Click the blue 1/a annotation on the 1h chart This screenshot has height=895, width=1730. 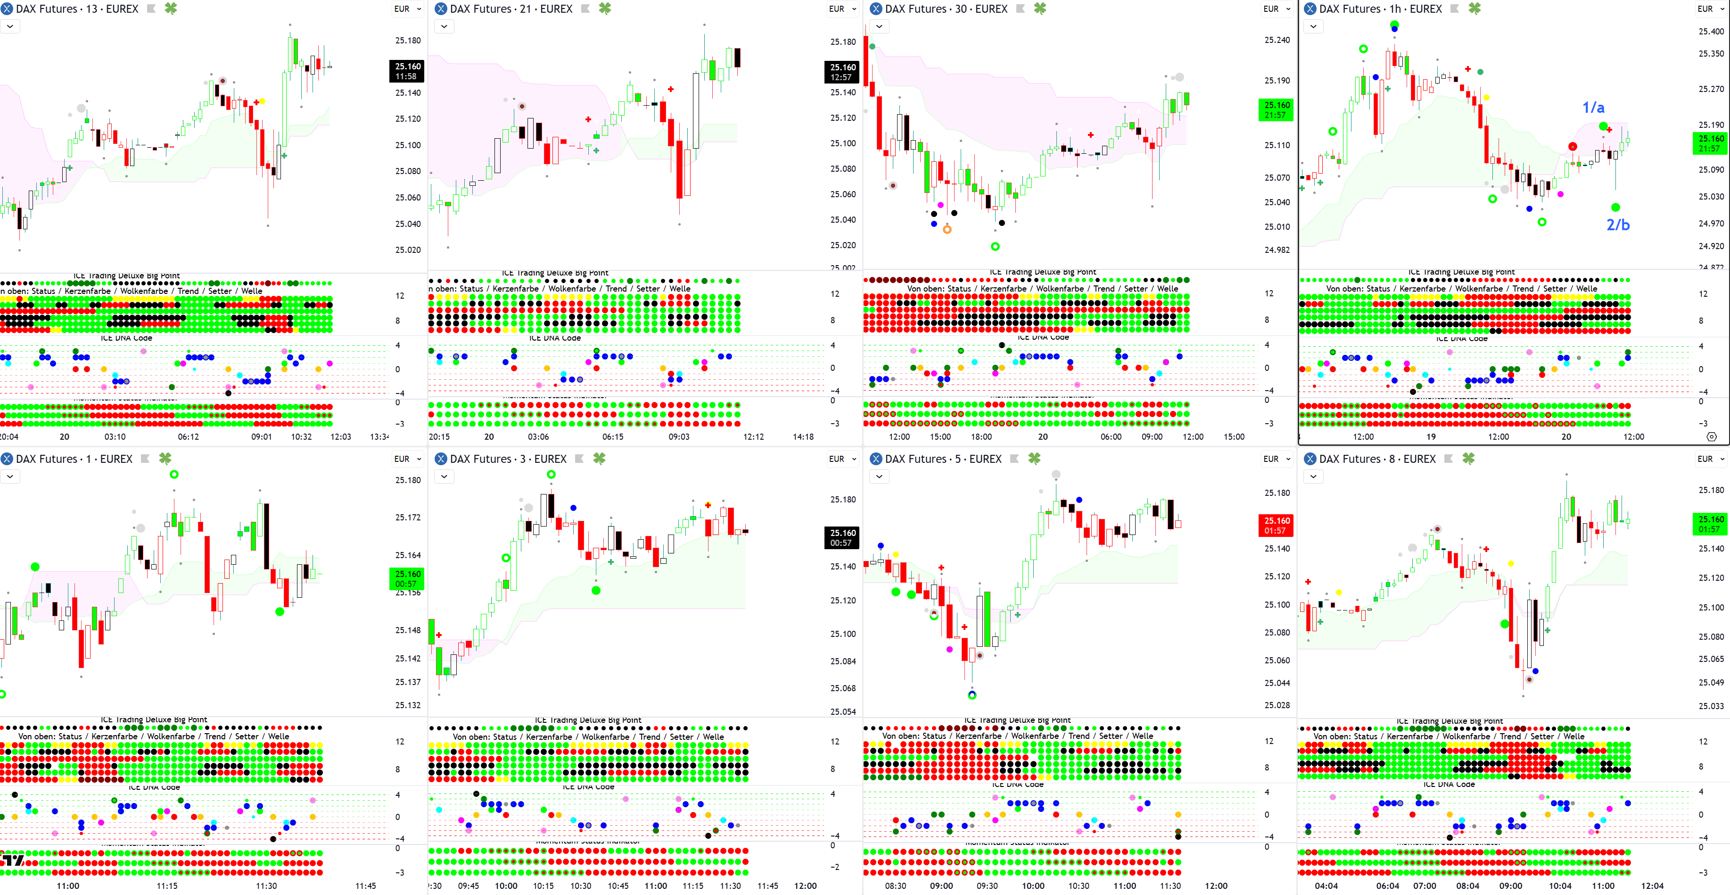[x=1593, y=108]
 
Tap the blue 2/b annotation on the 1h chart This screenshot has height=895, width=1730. [x=1618, y=225]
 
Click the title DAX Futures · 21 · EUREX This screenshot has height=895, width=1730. [x=511, y=9]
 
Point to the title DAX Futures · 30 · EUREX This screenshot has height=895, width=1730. [x=946, y=9]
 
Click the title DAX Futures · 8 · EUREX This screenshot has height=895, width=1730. [x=1377, y=459]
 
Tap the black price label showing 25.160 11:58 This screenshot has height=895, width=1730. [x=407, y=71]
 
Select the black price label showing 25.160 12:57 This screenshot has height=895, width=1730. [x=842, y=72]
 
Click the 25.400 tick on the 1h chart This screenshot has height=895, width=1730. [x=1711, y=32]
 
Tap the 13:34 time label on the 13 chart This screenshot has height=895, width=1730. [x=379, y=437]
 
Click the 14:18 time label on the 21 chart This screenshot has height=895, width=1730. [x=803, y=437]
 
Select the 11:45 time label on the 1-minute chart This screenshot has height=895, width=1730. [x=365, y=886]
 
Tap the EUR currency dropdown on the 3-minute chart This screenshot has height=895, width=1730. [x=841, y=459]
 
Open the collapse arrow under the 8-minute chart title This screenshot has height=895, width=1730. [x=1313, y=477]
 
